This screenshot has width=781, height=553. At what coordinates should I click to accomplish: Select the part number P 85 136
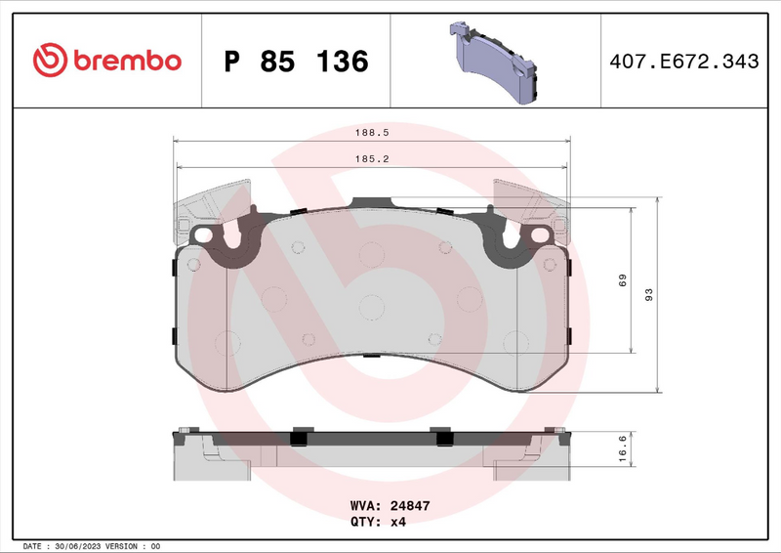296,62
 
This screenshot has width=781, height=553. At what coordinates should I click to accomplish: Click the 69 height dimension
621,280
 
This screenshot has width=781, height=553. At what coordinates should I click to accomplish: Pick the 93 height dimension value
648,294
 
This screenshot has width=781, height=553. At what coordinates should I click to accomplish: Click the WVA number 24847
411,507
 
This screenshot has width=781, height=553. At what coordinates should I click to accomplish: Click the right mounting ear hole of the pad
536,235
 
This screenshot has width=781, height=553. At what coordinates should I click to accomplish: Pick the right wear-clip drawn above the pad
533,203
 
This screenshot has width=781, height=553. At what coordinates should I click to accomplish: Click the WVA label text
366,507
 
